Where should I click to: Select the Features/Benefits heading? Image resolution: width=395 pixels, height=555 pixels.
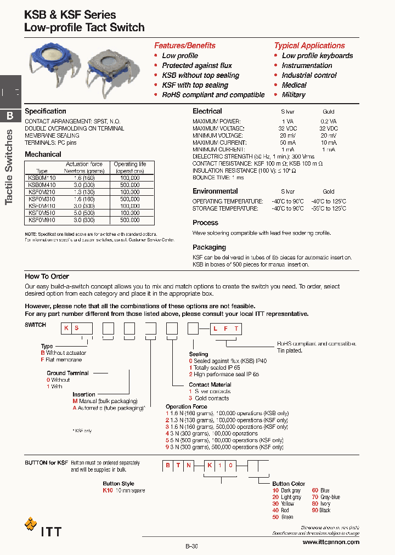tap(184, 46)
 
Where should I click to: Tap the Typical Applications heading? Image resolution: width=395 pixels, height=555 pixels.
tap(309, 46)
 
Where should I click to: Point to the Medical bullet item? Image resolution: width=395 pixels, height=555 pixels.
tap(294, 85)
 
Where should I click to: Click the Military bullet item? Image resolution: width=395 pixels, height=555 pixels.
tap(294, 95)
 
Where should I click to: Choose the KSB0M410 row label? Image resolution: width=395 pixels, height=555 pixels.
tap(42, 185)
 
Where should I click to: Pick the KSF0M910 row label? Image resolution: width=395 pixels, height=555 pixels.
tap(42, 220)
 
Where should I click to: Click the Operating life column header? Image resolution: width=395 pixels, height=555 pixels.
tap(130, 167)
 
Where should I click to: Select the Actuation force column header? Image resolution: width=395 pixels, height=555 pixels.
tap(84, 167)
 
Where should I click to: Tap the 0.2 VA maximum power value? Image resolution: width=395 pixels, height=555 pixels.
tap(329, 120)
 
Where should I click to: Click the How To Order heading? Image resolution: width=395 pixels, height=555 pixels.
tap(47, 276)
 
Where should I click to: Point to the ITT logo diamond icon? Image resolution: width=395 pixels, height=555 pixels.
tap(31, 525)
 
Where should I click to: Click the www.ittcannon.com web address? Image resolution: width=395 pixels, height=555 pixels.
tap(331, 542)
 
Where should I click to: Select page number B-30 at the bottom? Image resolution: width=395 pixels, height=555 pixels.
tap(191, 546)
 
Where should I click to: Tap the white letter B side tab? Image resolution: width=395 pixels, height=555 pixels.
tap(10, 116)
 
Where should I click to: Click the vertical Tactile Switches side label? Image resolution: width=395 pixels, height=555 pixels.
tap(9, 167)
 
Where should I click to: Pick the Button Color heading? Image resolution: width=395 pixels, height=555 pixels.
tap(289, 484)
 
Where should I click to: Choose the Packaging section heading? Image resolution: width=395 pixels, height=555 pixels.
tap(209, 247)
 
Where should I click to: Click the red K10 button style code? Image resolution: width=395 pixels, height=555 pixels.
tap(108, 490)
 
